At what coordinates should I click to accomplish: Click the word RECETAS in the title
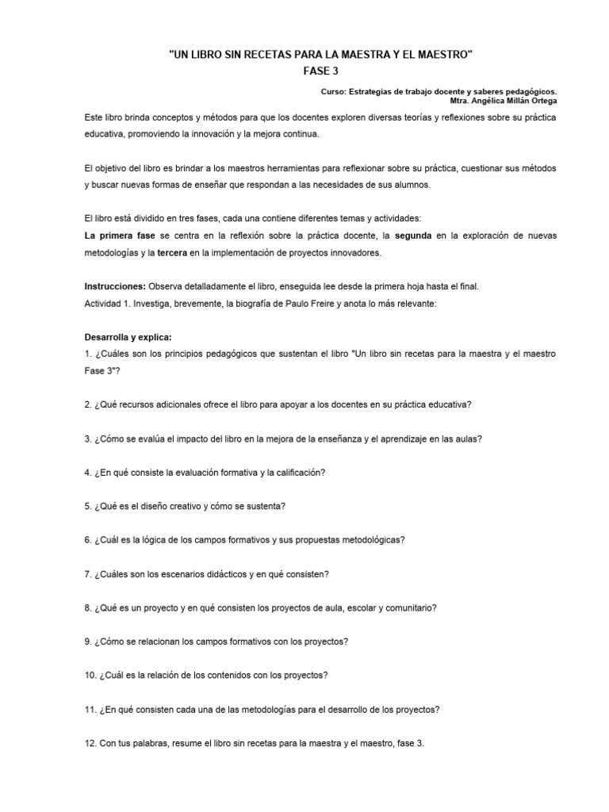265,54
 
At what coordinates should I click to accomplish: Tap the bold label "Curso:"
336,91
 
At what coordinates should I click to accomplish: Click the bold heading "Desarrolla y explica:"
128,336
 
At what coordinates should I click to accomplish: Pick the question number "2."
89,404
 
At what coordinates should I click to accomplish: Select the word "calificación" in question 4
297,473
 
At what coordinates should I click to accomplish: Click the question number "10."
91,676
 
